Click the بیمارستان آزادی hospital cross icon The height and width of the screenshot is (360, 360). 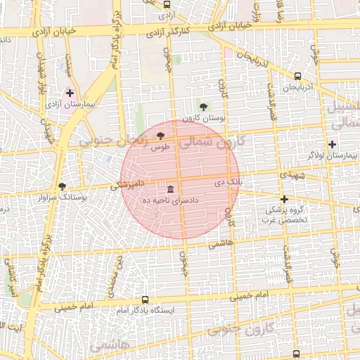(70, 92)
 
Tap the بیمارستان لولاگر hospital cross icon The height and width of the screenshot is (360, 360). (332, 144)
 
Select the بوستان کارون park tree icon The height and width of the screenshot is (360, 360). (203, 107)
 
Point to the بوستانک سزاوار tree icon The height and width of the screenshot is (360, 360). (63, 186)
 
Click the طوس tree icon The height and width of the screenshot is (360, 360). (161, 135)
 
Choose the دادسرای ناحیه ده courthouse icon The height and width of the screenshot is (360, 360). (171, 189)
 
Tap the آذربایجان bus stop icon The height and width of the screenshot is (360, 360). (297, 76)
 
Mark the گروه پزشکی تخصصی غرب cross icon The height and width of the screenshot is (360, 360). (284, 199)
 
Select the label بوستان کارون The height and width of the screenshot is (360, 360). (203, 119)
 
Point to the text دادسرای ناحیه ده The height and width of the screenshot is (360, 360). (171, 200)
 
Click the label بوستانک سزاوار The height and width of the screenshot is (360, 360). (63, 198)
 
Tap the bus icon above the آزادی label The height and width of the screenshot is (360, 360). (166, 3)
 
